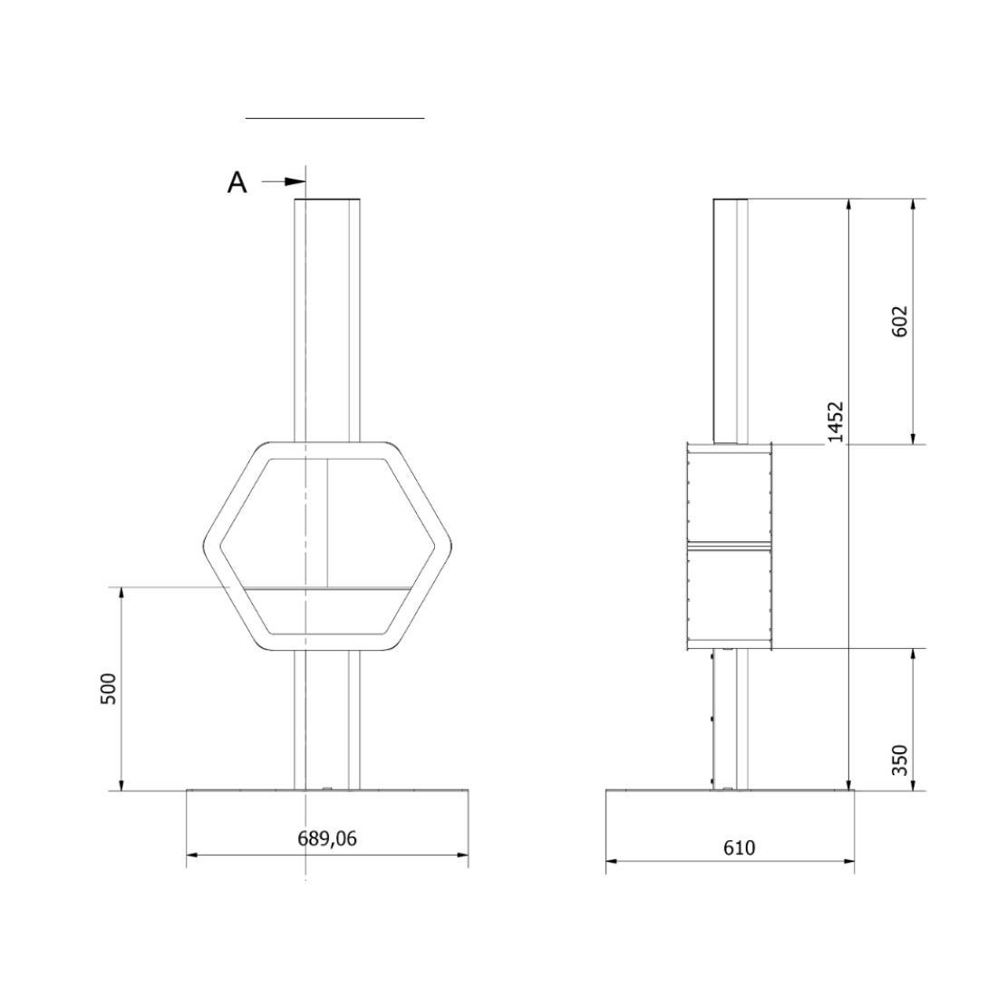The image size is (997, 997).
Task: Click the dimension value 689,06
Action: click(327, 838)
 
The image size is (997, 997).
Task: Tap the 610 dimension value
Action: click(739, 847)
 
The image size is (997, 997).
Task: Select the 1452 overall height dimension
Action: click(836, 421)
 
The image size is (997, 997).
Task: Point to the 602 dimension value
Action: click(900, 321)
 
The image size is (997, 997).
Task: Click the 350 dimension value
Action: click(900, 760)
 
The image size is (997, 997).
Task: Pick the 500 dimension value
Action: click(109, 689)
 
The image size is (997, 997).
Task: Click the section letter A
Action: click(237, 182)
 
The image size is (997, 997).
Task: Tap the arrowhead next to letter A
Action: click(295, 182)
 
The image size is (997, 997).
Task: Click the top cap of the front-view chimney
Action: click(327, 199)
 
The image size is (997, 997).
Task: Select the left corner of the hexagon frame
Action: click(205, 547)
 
